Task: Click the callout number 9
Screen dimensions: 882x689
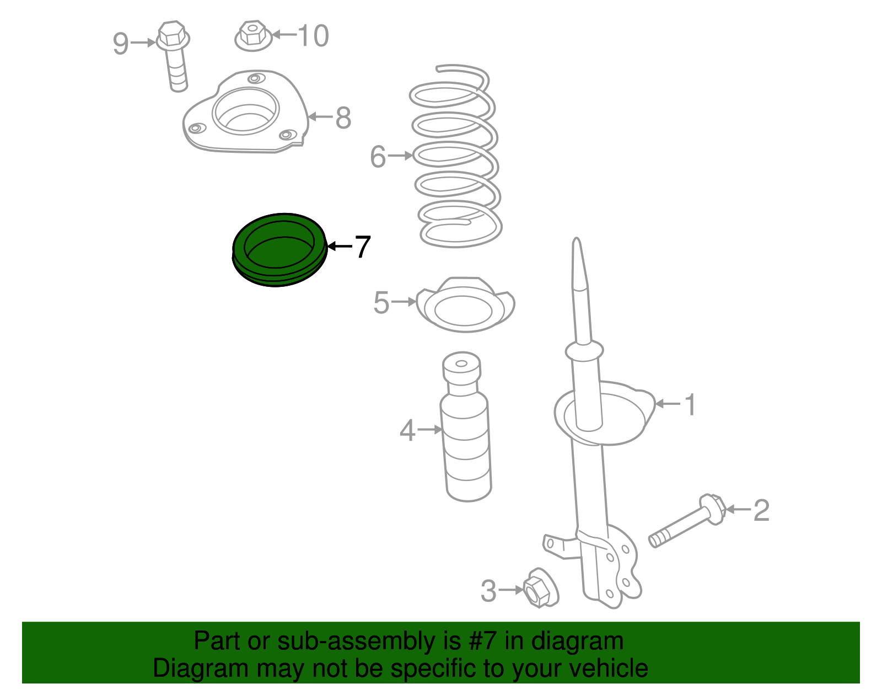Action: tap(121, 44)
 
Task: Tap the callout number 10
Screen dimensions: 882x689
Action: tap(313, 36)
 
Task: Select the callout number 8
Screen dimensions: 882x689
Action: tap(343, 118)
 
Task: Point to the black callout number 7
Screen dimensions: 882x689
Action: tap(363, 247)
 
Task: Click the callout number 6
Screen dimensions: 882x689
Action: tap(378, 157)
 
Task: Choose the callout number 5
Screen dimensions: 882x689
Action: tap(381, 303)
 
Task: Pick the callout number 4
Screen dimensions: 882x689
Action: tap(407, 430)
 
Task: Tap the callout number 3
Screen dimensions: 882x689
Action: tap(488, 591)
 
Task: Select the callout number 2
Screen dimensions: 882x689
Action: tap(761, 510)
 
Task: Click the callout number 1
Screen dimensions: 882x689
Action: tap(690, 405)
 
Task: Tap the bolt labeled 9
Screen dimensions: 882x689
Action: tap(175, 56)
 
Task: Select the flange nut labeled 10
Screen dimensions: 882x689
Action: tap(253, 36)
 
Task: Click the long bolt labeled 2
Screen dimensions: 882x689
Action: tap(687, 521)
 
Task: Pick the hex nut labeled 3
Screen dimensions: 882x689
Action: tap(540, 589)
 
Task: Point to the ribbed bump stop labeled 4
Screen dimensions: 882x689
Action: tap(466, 426)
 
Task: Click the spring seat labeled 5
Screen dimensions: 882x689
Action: tap(465, 305)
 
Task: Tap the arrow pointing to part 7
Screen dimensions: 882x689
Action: tap(340, 246)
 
